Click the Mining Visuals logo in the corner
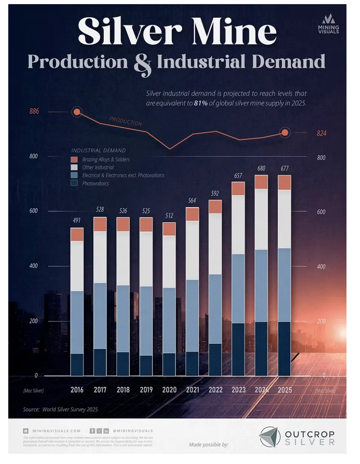click(328, 24)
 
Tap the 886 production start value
click(34, 111)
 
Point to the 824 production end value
click(321, 133)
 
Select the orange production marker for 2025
click(285, 132)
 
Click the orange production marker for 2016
click(77, 112)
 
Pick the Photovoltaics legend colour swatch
click(74, 183)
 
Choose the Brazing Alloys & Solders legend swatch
click(74, 159)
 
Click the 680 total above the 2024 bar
click(261, 168)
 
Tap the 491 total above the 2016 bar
click(77, 220)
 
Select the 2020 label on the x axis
click(169, 390)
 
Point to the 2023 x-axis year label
click(239, 390)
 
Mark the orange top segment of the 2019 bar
click(146, 224)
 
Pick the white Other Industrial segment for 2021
click(192, 250)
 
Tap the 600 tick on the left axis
click(33, 211)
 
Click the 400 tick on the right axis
click(321, 267)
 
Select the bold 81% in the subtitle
click(201, 103)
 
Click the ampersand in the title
click(142, 64)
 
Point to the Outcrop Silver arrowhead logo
click(269, 437)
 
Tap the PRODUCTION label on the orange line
click(126, 121)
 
